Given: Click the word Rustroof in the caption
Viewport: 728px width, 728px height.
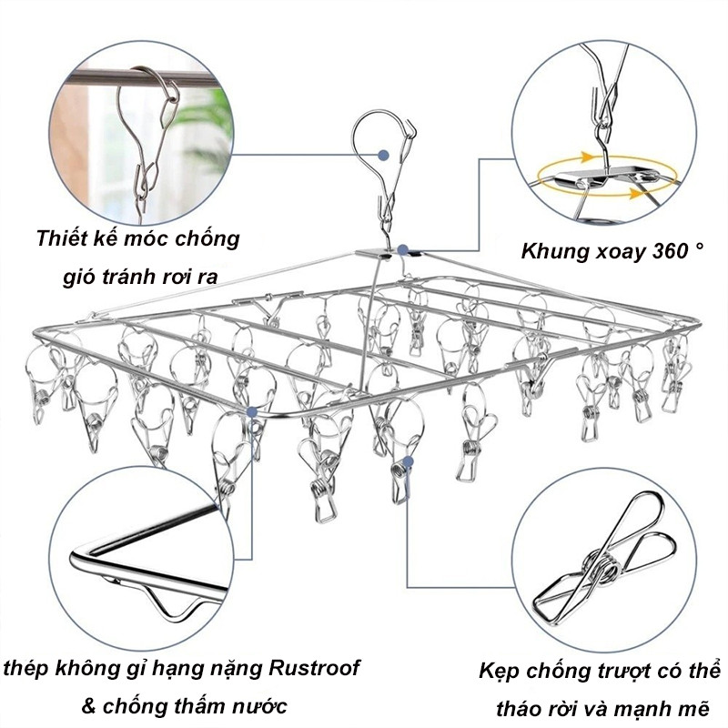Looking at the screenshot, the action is [x=314, y=668].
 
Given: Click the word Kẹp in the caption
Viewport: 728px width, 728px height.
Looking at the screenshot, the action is [x=498, y=672].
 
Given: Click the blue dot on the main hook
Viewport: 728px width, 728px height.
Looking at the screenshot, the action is [x=383, y=155].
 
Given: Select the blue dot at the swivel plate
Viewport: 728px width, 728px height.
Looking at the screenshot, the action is [x=403, y=249].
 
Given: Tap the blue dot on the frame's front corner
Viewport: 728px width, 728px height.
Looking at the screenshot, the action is [x=253, y=411].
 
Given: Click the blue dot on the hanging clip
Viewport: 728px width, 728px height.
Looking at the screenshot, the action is [x=408, y=461].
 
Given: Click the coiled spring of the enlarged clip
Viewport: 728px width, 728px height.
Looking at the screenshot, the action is [x=602, y=570].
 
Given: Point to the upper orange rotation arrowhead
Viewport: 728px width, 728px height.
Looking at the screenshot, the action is [x=587, y=157].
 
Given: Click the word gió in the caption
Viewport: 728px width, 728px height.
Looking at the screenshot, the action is [x=78, y=277].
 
